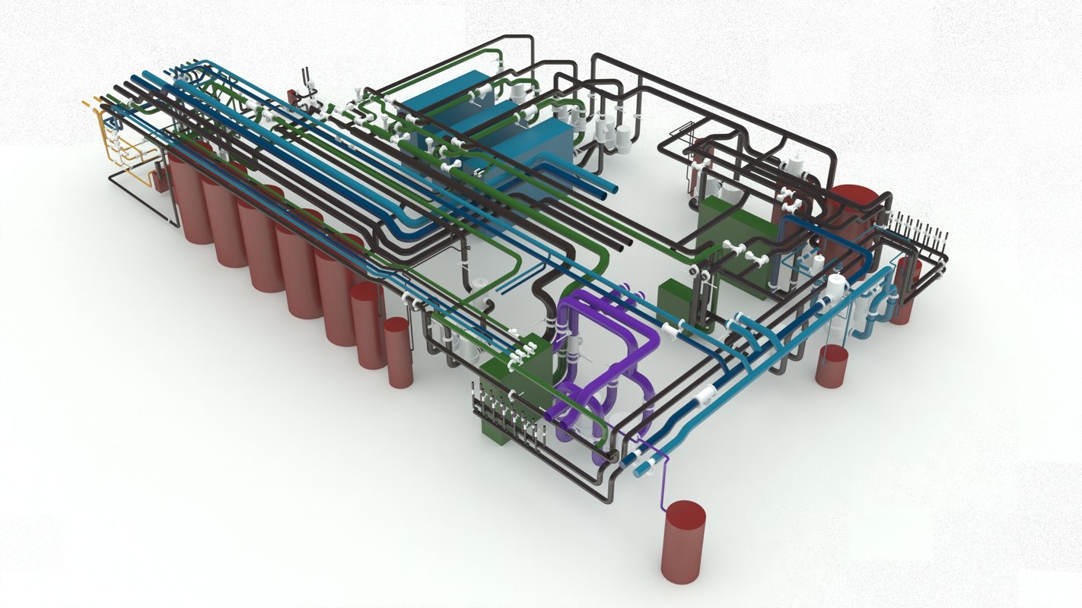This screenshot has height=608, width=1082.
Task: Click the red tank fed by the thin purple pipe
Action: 683,542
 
